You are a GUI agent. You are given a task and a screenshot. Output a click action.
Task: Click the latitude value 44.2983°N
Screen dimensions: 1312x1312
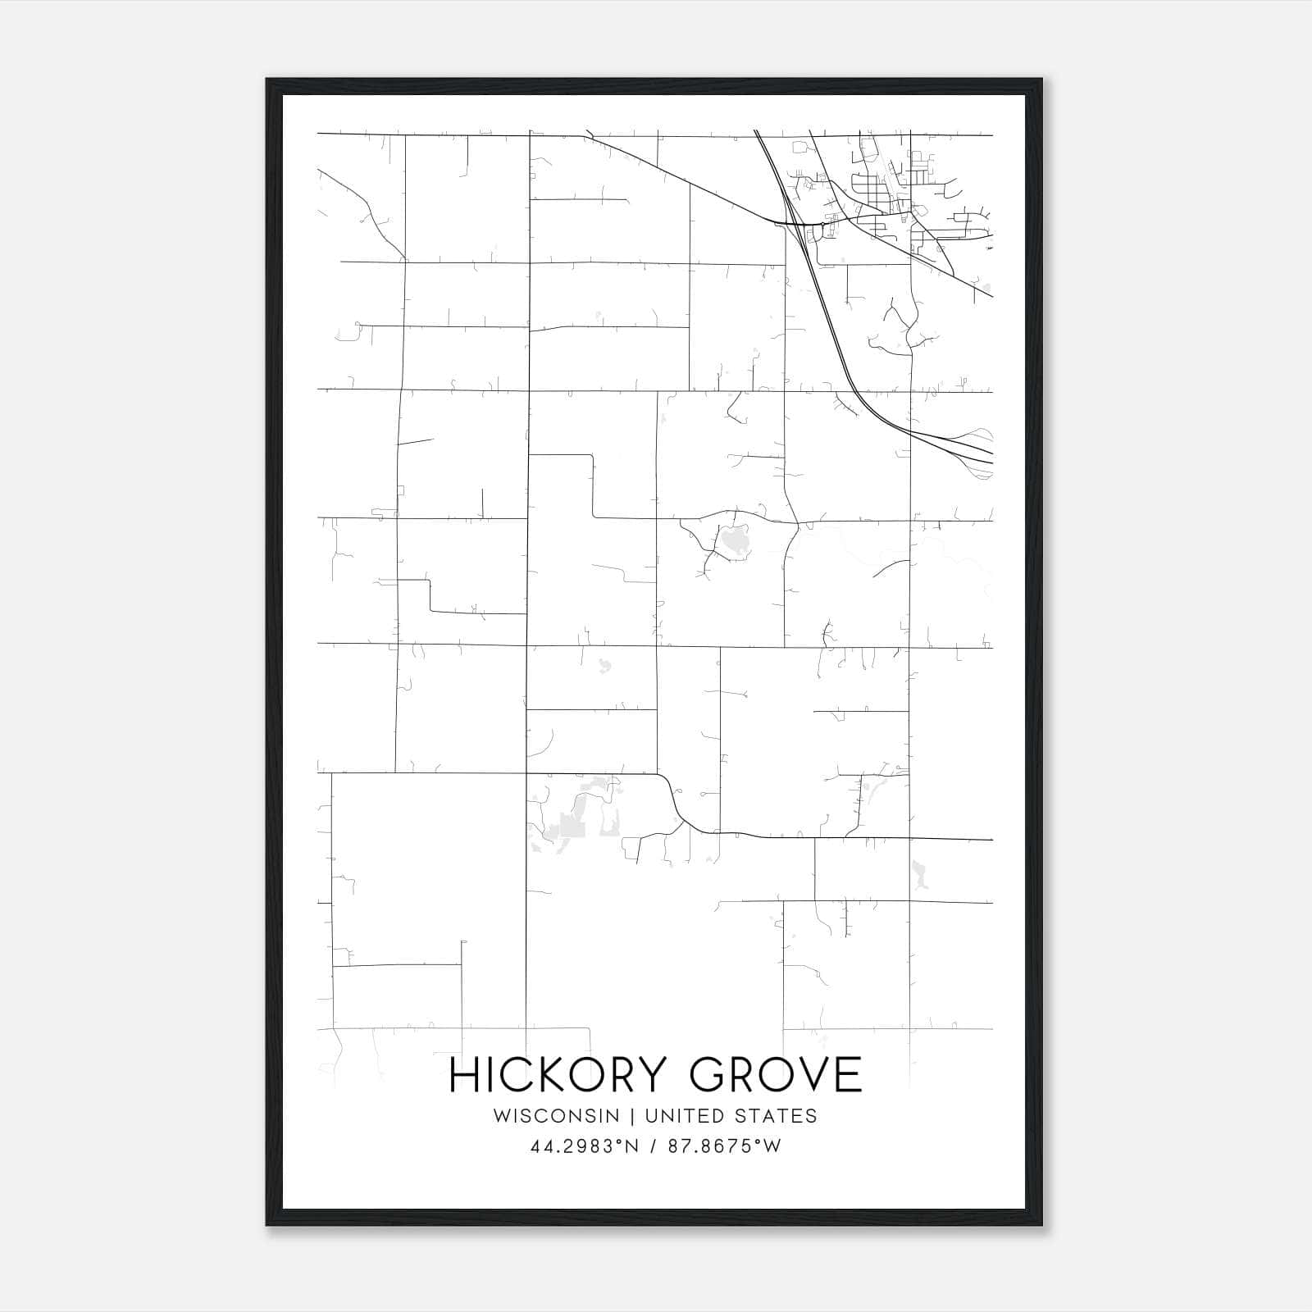tap(583, 1146)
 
